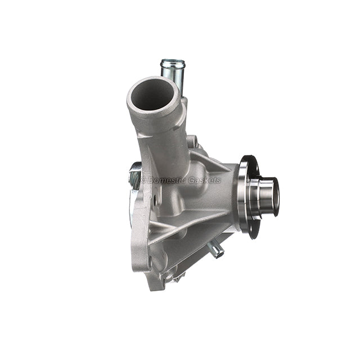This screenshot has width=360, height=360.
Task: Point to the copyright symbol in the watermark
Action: [x=142, y=180]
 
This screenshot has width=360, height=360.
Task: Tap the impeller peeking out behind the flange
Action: [x=136, y=174]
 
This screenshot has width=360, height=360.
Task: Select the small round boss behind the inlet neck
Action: [x=192, y=141]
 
